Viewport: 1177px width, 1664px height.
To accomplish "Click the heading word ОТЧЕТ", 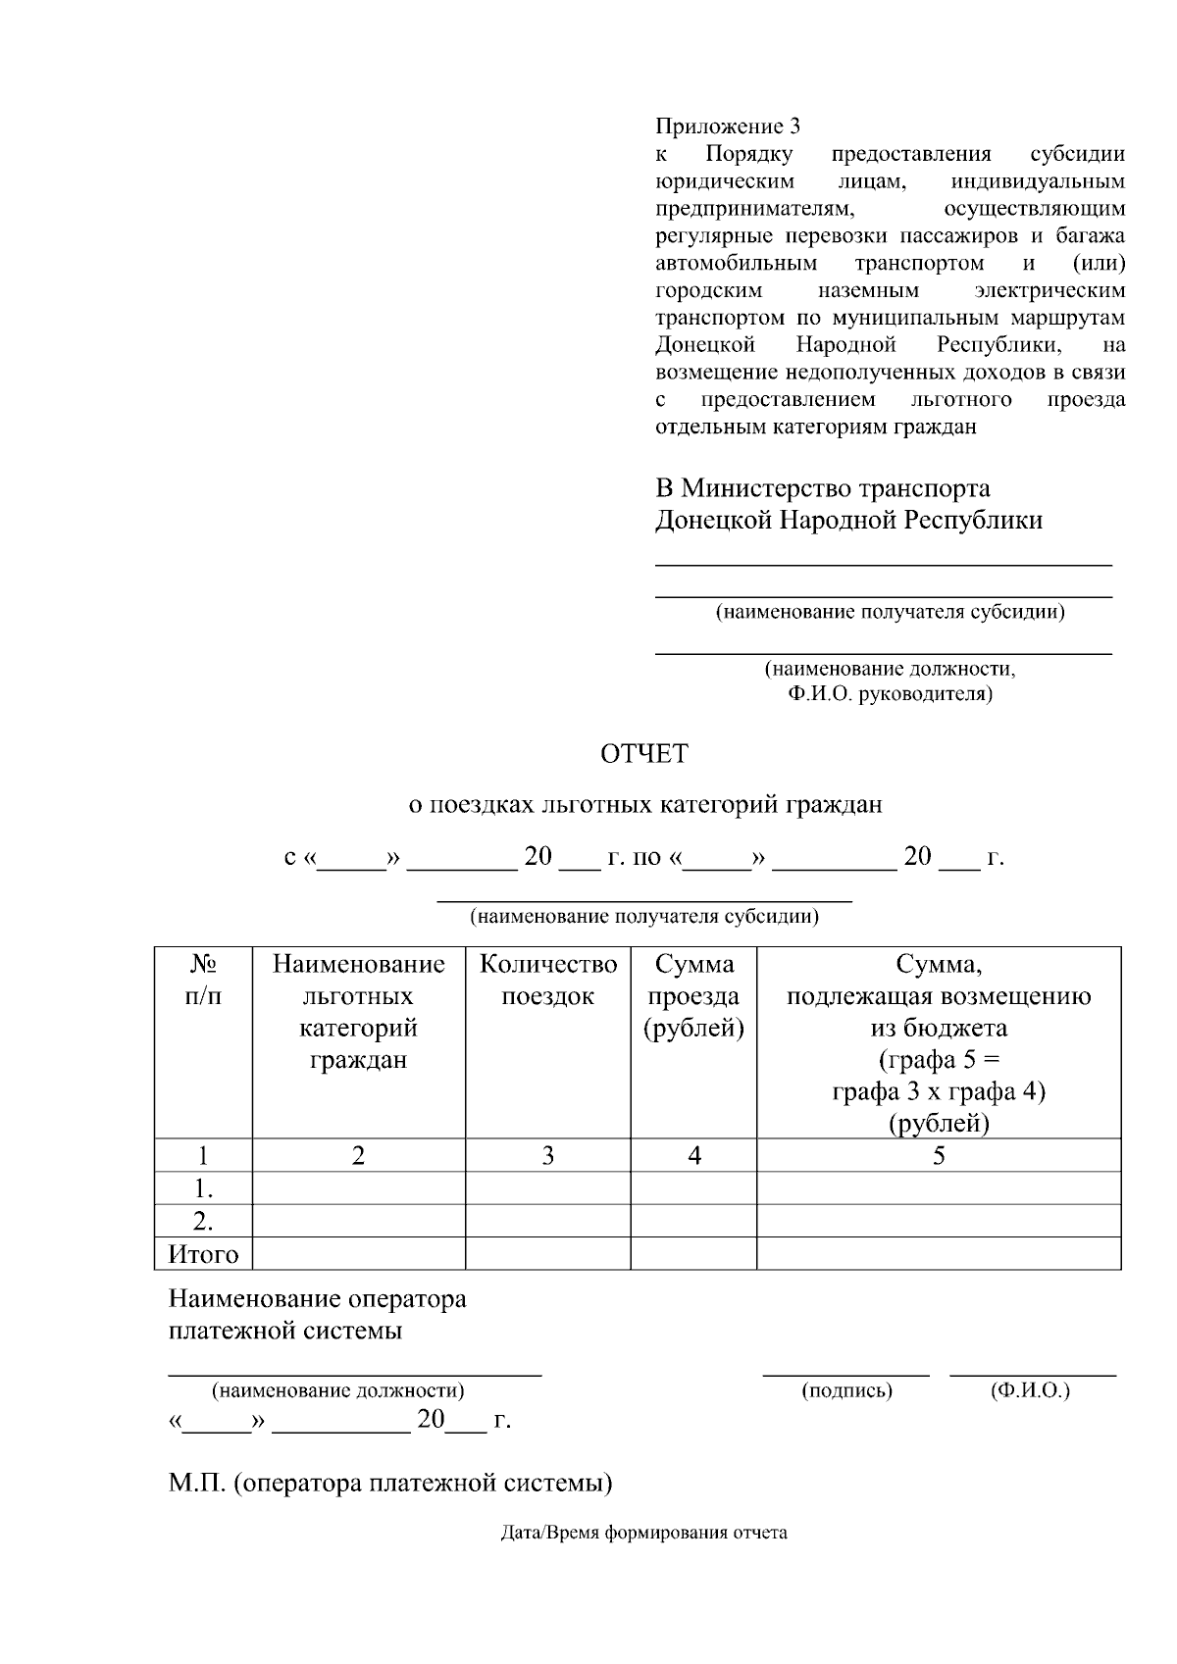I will point(644,754).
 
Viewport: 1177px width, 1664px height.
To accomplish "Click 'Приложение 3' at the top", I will point(727,126).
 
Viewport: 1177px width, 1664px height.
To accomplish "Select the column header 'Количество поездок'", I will point(548,981).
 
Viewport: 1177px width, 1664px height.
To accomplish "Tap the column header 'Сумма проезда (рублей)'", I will point(693,996).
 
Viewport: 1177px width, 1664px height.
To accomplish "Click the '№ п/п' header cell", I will point(203,981).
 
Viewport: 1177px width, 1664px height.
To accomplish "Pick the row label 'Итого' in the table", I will point(203,1254).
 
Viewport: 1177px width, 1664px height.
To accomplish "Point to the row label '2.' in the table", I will point(203,1221).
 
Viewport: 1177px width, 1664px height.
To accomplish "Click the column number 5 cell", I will point(939,1155).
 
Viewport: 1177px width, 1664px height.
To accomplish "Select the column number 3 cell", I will point(548,1155).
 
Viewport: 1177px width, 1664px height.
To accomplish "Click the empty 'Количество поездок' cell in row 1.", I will point(548,1188).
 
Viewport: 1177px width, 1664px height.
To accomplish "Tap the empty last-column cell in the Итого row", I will point(939,1254).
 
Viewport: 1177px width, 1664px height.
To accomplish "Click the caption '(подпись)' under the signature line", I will point(846,1390).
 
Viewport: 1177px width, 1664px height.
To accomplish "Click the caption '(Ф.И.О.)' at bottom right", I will point(1031,1390).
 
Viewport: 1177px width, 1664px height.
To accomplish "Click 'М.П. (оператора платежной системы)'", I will point(390,1483).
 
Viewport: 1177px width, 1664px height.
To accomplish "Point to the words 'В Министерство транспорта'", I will point(822,488).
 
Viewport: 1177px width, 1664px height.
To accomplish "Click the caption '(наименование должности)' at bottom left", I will point(338,1390).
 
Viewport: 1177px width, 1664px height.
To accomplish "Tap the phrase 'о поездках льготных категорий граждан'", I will point(644,805).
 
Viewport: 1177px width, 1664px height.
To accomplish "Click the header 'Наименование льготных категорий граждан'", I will point(358,1012).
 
